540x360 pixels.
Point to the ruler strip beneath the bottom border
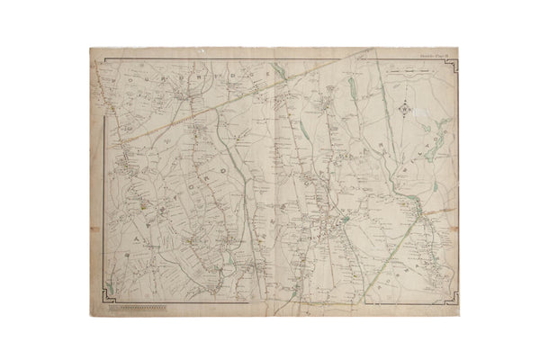(136, 308)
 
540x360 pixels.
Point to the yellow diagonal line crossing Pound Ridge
(180, 117)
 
